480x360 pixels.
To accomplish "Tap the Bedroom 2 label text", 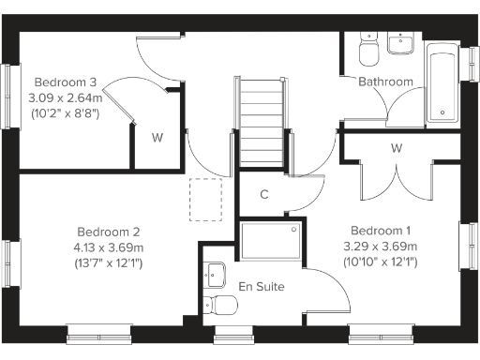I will tap(109, 232).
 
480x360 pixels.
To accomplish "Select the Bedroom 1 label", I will tap(381, 231).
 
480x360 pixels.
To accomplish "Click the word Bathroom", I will tap(385, 82).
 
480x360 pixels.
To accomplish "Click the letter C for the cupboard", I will tap(264, 195).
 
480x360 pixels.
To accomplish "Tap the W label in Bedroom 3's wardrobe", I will tap(157, 138).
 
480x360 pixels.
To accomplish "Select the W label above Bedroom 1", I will tap(397, 148).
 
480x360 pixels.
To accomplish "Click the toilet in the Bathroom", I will tap(367, 47).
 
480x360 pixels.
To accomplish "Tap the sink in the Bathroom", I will tap(405, 44).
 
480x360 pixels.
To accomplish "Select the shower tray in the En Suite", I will tap(270, 241).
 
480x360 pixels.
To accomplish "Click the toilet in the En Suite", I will tap(220, 305).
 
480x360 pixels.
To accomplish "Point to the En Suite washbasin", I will tap(216, 274).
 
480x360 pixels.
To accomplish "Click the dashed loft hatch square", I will tap(206, 200).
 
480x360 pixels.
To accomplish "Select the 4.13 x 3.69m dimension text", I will tap(109, 247).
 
